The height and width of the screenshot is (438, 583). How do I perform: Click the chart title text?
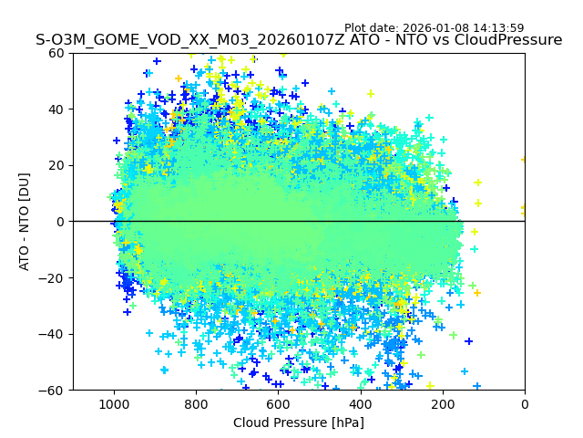point(299,40)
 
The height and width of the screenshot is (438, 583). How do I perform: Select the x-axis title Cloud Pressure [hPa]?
point(299,422)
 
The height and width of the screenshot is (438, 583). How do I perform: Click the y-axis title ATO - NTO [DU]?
point(25,221)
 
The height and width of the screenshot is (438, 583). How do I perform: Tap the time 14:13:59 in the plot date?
point(498,28)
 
